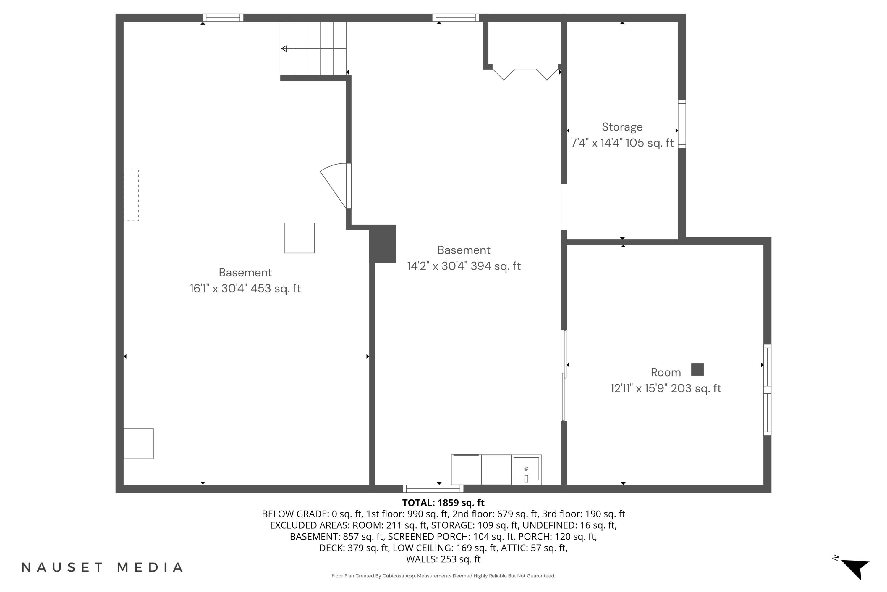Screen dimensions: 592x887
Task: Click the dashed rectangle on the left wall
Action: point(131,195)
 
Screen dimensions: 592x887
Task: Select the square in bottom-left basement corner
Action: point(138,444)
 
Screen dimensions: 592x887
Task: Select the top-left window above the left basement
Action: point(223,18)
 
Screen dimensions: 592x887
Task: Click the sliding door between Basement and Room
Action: point(564,376)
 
